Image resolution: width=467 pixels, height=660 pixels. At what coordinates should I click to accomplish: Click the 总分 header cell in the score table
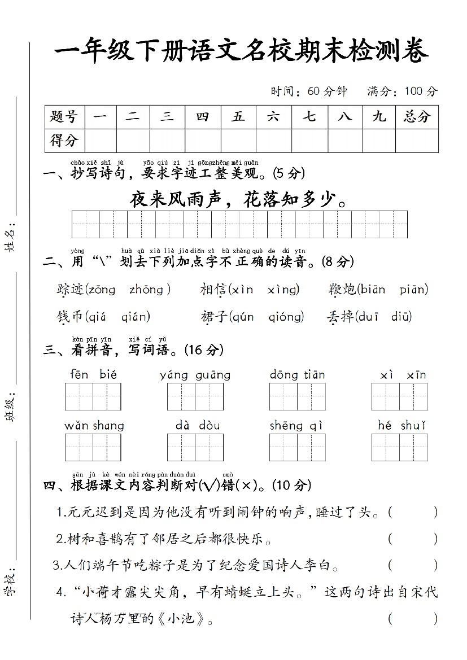pyautogui.click(x=417, y=117)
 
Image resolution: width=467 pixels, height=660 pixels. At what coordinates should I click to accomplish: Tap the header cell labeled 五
pyautogui.click(x=238, y=117)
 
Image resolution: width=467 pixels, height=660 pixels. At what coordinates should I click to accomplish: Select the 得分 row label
pyautogui.click(x=64, y=141)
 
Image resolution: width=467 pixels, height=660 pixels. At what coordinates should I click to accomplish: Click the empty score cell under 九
pyautogui.click(x=379, y=141)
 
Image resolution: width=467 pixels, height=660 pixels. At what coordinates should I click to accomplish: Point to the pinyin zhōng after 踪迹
pyautogui.click(x=147, y=290)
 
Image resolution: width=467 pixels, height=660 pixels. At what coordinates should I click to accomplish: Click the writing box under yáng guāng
pyautogui.click(x=195, y=396)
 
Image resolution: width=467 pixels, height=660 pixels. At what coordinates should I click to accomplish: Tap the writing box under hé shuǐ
pyautogui.click(x=400, y=447)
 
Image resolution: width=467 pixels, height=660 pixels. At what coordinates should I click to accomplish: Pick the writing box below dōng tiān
pyautogui.click(x=298, y=396)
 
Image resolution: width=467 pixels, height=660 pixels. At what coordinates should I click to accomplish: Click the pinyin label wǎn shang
pyautogui.click(x=94, y=426)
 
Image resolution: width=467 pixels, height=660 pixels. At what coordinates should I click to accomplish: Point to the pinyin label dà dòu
pyautogui.click(x=197, y=426)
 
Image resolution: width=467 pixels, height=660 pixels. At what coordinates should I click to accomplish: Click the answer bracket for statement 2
pyautogui.click(x=413, y=539)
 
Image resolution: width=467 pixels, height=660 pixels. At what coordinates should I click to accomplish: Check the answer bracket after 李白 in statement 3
pyautogui.click(x=413, y=565)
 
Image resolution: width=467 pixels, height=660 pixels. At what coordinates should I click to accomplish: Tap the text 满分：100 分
pyautogui.click(x=402, y=91)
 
